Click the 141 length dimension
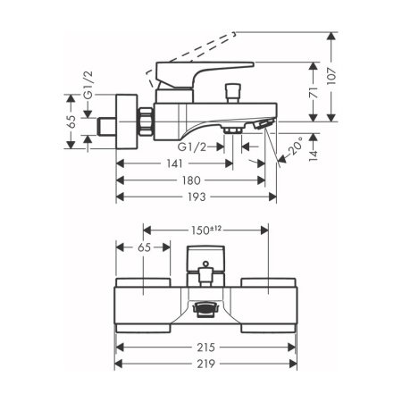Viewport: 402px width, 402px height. coord(174,163)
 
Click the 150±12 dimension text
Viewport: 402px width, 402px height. coord(206,230)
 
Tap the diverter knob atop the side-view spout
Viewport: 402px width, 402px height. coord(237,93)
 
